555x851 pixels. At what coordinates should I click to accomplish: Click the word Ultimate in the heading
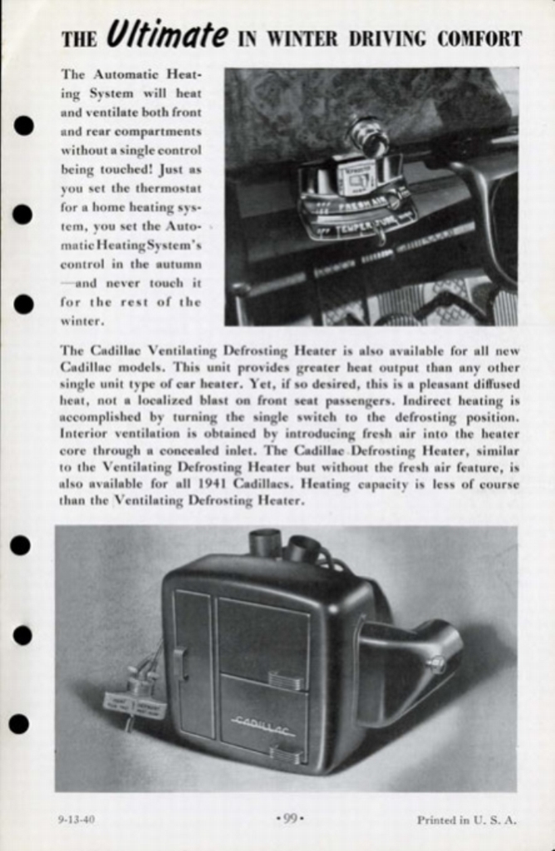point(166,37)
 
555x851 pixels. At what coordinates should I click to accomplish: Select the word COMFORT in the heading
point(479,39)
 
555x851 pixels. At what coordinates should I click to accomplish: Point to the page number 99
point(289,819)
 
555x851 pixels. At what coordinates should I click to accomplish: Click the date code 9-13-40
point(76,819)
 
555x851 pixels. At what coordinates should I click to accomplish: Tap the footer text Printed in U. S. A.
point(466,819)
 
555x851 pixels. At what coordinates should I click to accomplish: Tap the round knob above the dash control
point(368,135)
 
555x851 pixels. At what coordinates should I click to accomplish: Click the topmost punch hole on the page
point(23,125)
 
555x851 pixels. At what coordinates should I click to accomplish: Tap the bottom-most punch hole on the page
point(19,724)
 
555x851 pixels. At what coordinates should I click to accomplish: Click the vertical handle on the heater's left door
point(178,662)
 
